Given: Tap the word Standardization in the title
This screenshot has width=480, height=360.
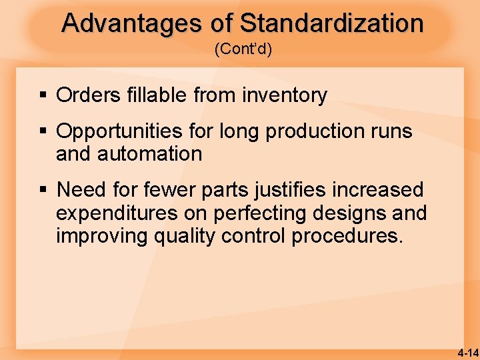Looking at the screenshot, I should pyautogui.click(x=331, y=23).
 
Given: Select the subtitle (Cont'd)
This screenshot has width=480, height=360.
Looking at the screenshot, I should pyautogui.click(x=243, y=50).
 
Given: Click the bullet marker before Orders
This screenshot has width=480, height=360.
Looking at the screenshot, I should pyautogui.click(x=44, y=96).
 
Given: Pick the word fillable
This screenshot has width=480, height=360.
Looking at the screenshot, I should pyautogui.click(x=153, y=95).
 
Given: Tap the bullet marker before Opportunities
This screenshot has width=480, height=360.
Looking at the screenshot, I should pyautogui.click(x=44, y=132).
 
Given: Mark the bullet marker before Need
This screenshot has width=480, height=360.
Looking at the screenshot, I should pyautogui.click(x=44, y=191).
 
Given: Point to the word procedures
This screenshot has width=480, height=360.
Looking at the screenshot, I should pyautogui.click(x=347, y=237).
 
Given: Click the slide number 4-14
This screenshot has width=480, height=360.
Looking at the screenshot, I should pyautogui.click(x=467, y=352).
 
